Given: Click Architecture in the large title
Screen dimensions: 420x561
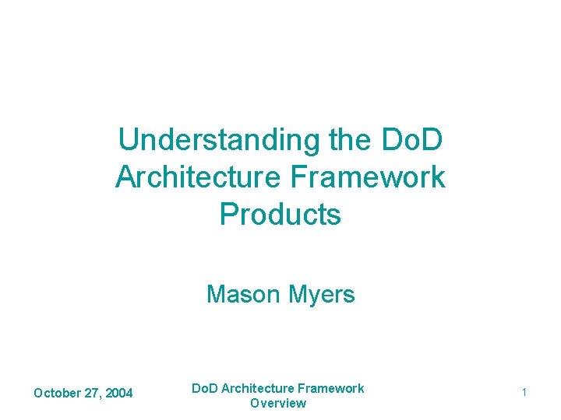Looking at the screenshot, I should tap(199, 177).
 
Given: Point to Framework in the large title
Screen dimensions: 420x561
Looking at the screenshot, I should tap(369, 177).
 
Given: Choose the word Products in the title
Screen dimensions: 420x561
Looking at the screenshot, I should tap(280, 214).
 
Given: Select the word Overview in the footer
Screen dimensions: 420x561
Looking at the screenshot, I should tap(278, 403).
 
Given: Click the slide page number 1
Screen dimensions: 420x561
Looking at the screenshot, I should tap(524, 394).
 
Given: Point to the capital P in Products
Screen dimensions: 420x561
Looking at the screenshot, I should tap(228, 214).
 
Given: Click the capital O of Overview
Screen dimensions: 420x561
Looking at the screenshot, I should tap(255, 403).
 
